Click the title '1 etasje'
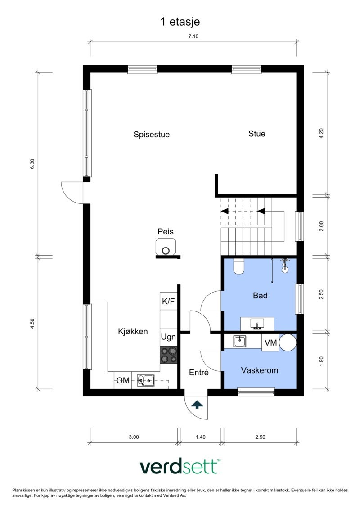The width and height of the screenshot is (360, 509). point(180,21)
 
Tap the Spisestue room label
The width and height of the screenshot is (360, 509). point(151,134)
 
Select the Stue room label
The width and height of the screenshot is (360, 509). point(257,134)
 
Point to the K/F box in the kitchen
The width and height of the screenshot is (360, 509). point(168,302)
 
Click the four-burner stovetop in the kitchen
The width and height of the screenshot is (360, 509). point(168,355)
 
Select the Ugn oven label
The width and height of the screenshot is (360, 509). point(168,337)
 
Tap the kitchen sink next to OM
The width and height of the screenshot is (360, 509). point(146,381)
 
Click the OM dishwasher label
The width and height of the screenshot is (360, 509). point(123,381)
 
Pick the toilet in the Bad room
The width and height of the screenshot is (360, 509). point(239,266)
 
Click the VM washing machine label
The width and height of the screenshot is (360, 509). point(270,343)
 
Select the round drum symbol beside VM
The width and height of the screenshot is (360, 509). point(288,342)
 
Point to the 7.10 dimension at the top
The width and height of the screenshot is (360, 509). point(193,37)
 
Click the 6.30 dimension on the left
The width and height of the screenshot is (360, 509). point(32,164)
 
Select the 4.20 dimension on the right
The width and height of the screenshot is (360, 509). point(321,134)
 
